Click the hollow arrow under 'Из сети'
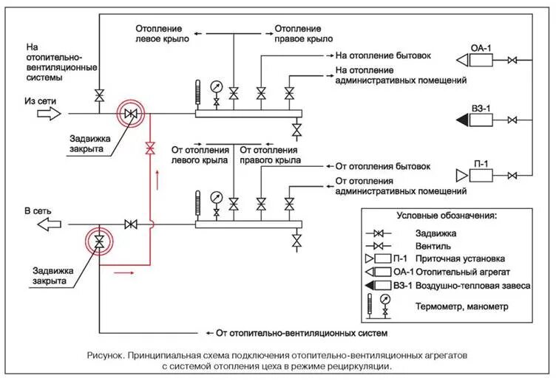50,114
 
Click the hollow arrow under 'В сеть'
50,224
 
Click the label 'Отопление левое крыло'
161,33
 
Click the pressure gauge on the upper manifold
216,86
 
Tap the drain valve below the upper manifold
297,131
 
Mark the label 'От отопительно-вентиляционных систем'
302,333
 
